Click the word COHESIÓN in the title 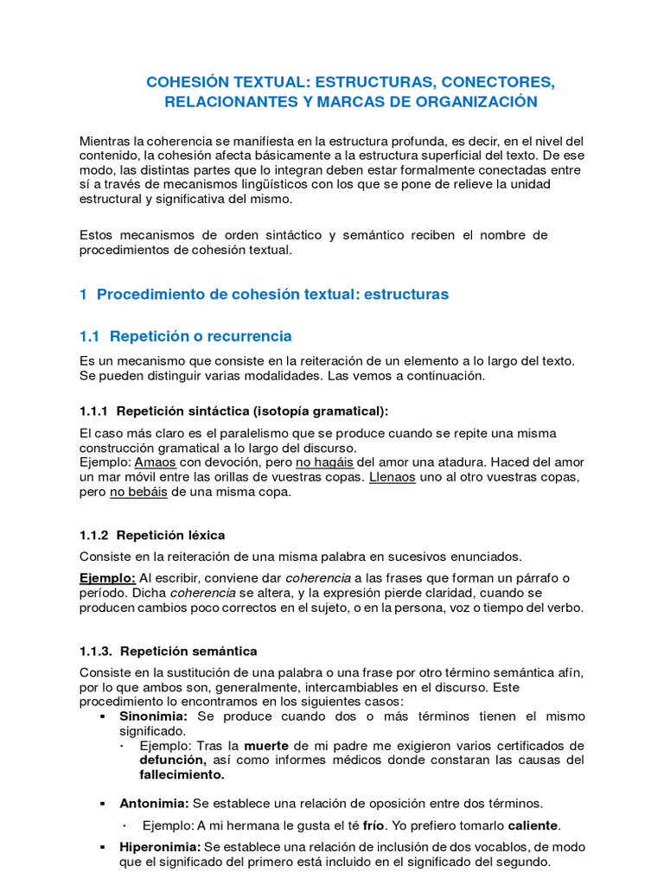click(185, 82)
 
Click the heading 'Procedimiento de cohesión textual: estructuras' click(272, 294)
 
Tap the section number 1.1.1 click(93, 410)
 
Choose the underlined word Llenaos click(392, 477)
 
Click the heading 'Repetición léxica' click(170, 535)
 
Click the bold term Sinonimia click(153, 716)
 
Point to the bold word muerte click(265, 745)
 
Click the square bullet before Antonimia click(103, 803)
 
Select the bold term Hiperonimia click(160, 846)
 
